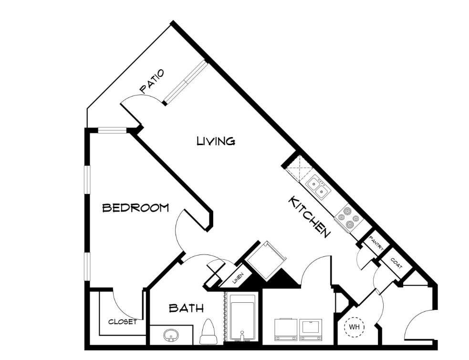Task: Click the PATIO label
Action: (152, 81)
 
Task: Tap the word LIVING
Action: (216, 141)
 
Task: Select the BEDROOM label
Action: (135, 207)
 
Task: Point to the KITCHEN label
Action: (309, 217)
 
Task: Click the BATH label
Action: (187, 308)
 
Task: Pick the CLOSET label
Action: (123, 322)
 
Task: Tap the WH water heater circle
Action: (355, 327)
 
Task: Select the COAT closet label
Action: (396, 263)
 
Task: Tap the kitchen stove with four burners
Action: (349, 218)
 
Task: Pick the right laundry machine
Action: (311, 329)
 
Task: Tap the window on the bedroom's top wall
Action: (113, 130)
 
